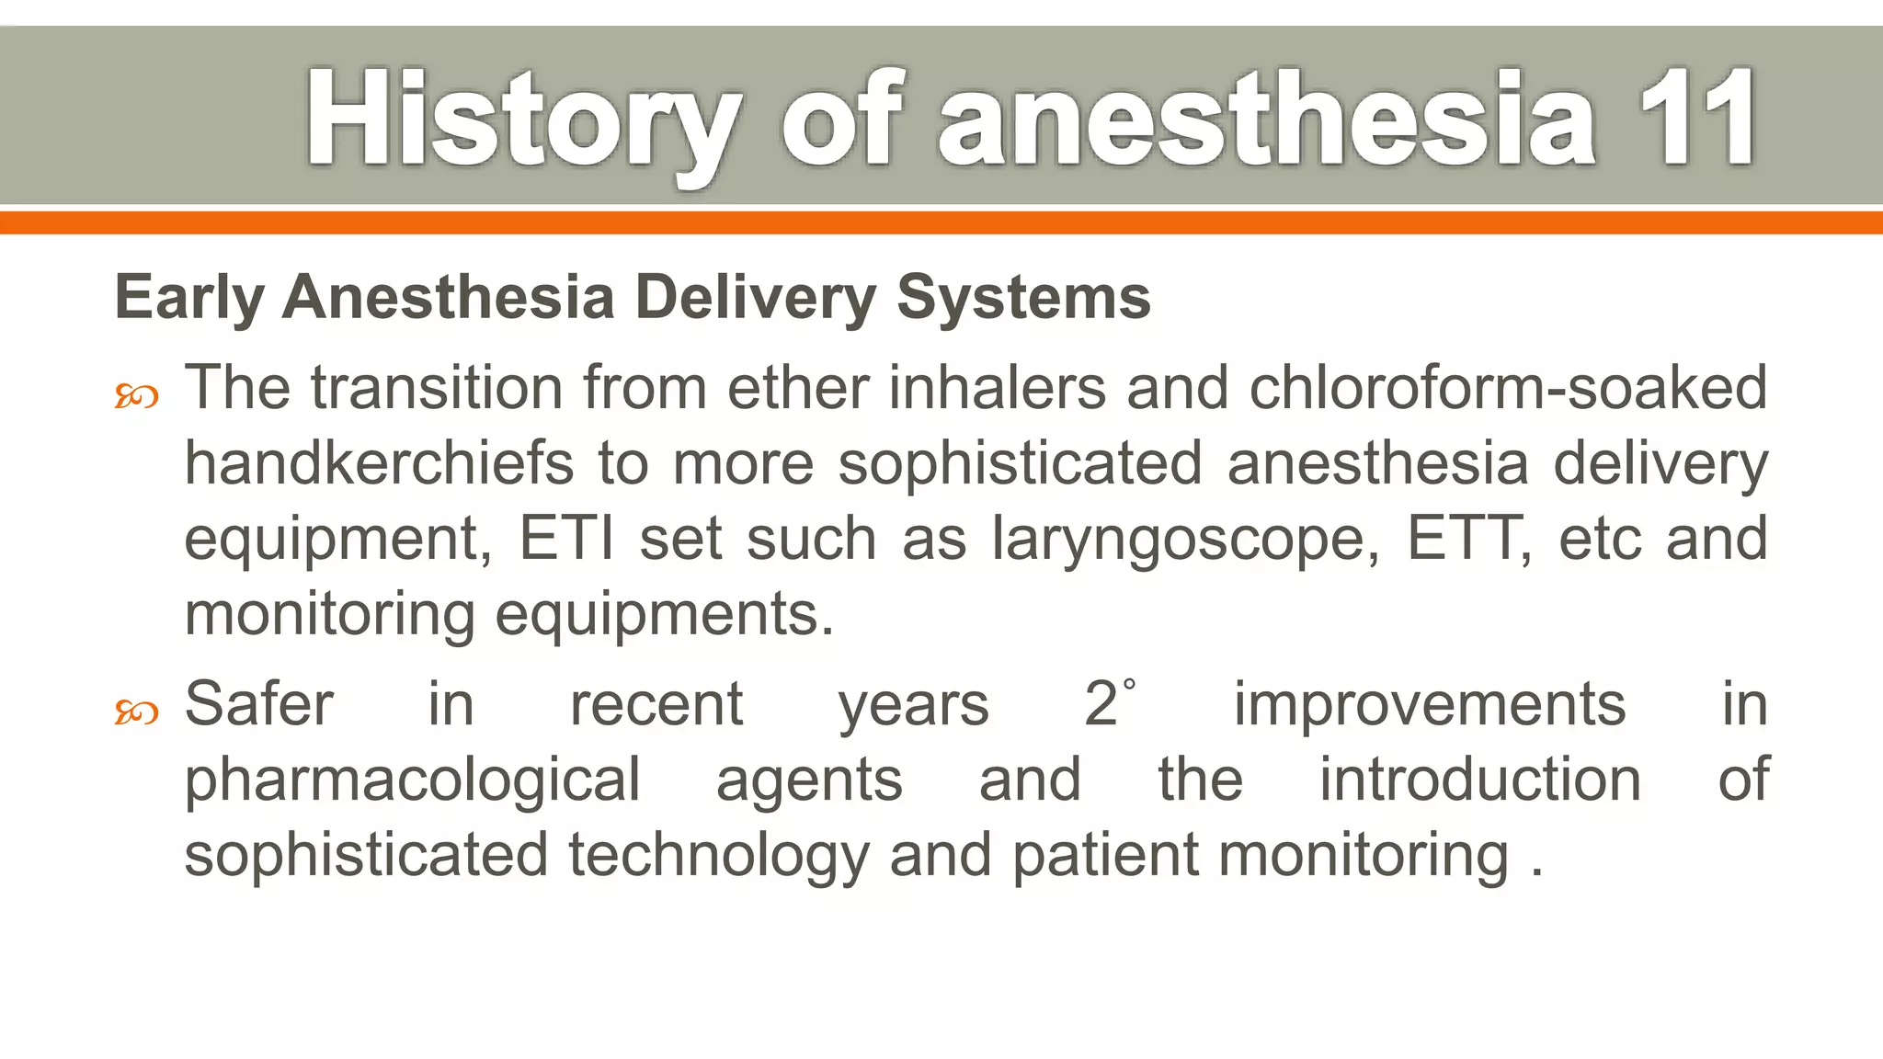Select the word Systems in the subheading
[1022, 299]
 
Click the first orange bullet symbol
[136, 397]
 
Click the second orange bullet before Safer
[136, 712]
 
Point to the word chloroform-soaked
[1508, 387]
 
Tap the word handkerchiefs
[379, 462]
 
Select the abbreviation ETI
[566, 538]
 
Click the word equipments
[664, 615]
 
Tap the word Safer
[258, 704]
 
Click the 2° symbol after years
[1109, 703]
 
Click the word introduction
[1479, 780]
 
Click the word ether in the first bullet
[797, 387]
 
